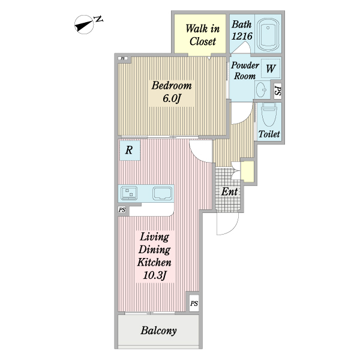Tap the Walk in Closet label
pos(202,35)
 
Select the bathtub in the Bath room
pos(268,34)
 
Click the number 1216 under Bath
pos(242,36)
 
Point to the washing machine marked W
pos(271,68)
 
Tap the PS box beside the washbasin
pos(278,91)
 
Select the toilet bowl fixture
pos(268,115)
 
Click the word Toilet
pos(269,134)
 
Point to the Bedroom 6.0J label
pos(172,92)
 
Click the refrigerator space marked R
pos(129,151)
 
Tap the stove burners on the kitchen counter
pos(129,193)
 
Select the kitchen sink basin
pos(163,193)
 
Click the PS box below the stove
pos(122,209)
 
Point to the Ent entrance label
pos(229,191)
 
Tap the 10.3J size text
pos(154,275)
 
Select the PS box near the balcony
pos(194,304)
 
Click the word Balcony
pos(158,331)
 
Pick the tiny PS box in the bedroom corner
pos(123,58)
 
